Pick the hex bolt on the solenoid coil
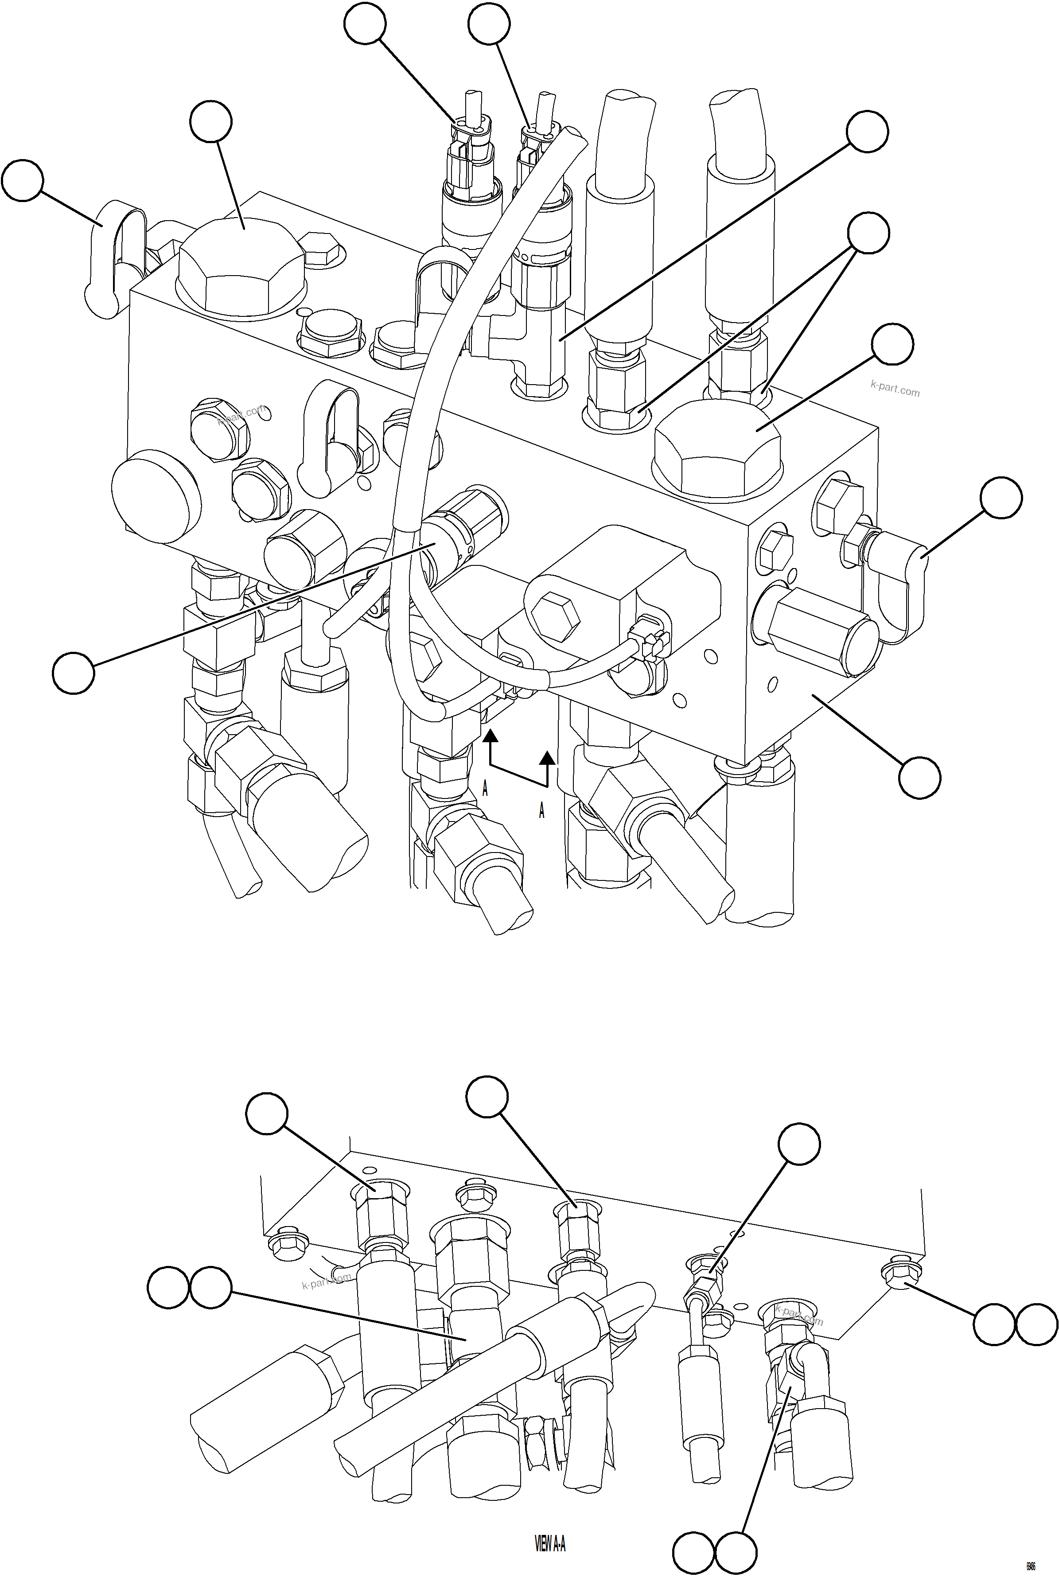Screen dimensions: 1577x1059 pyautogui.click(x=555, y=617)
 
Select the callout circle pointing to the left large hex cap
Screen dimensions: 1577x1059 pyautogui.click(x=211, y=121)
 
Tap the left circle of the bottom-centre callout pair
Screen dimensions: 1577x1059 pyautogui.click(x=693, y=1552)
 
